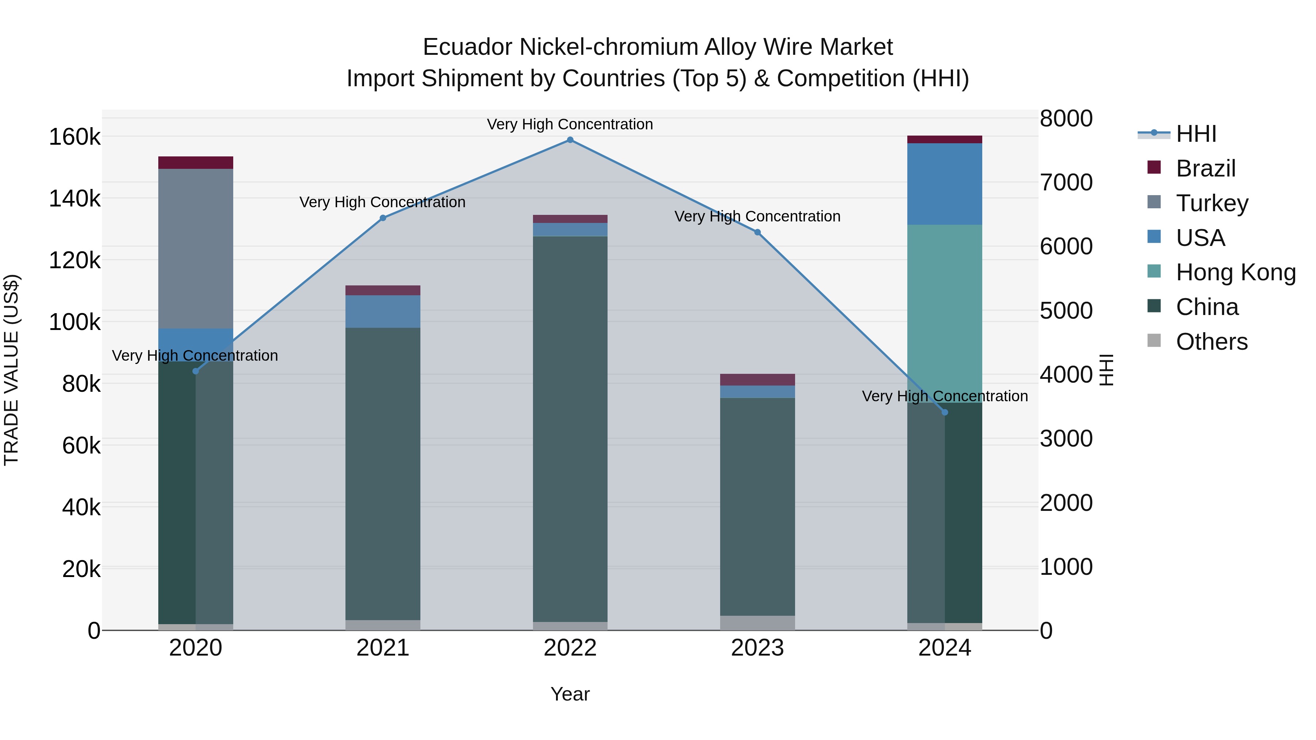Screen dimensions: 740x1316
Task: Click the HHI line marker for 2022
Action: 570,140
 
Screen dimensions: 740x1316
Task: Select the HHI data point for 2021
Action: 383,218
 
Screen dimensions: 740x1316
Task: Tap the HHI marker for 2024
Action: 945,412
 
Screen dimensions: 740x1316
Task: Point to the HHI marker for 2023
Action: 758,232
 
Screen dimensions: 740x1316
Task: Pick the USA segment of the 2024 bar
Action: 945,184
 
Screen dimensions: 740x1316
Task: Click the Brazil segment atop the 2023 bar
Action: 758,379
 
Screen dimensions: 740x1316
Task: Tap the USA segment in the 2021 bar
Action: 383,311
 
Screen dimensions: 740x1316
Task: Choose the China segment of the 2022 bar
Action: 570,429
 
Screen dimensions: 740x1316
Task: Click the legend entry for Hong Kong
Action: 1235,273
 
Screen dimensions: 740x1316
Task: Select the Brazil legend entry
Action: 1205,168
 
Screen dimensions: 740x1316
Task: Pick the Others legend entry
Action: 1211,342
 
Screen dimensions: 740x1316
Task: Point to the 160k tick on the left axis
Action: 75,137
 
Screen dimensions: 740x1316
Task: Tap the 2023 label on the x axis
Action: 758,648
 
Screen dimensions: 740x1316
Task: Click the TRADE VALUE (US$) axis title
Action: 12,370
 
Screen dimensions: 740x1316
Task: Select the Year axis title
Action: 570,694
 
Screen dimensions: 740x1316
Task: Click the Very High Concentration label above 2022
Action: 570,124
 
